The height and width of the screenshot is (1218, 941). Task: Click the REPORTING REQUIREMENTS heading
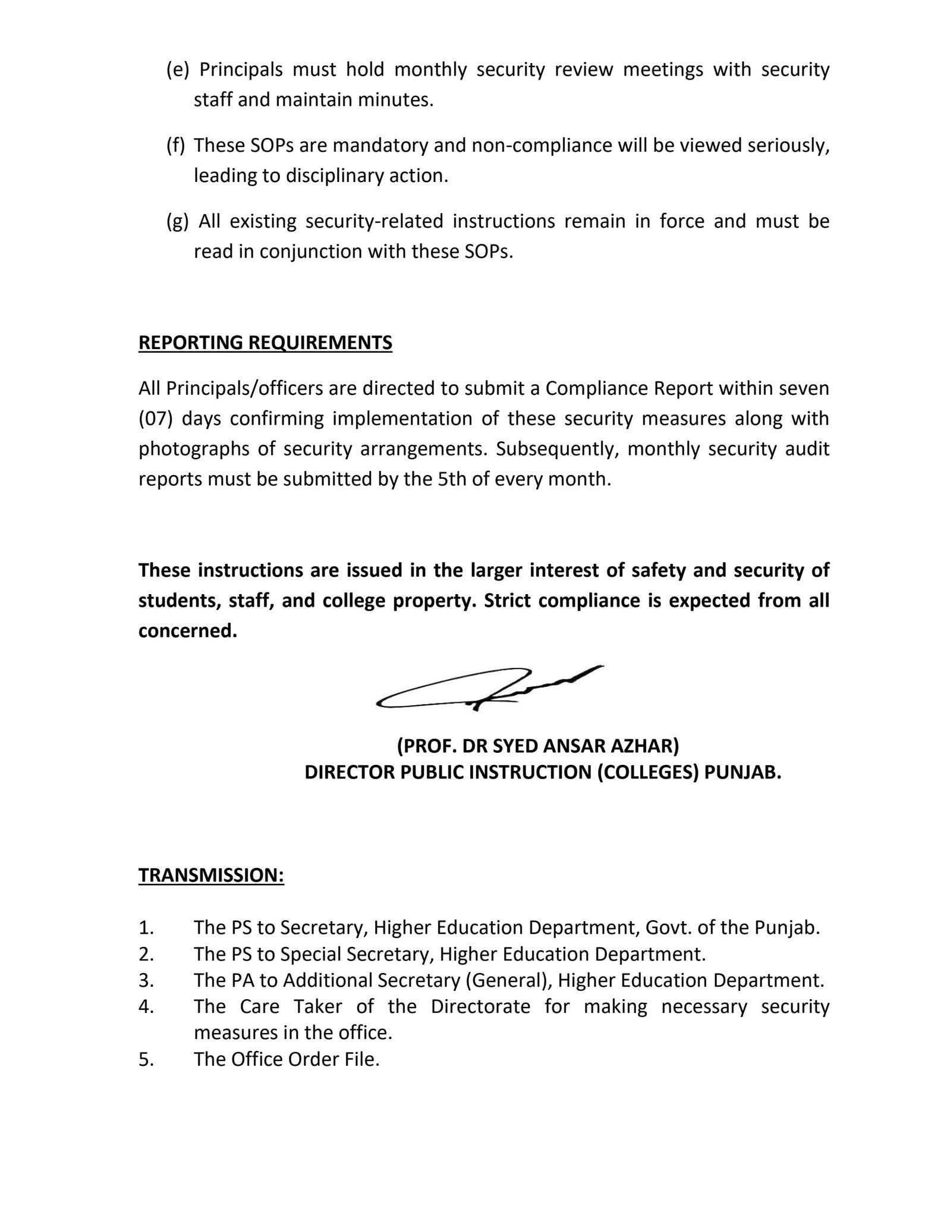[x=265, y=343]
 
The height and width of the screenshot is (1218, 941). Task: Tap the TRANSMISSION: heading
[x=211, y=875]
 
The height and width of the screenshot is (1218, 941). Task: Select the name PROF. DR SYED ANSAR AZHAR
[x=538, y=745]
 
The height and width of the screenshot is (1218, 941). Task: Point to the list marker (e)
[x=177, y=70]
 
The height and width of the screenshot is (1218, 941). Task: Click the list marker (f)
[x=175, y=145]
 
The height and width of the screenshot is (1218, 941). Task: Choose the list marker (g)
[x=177, y=221]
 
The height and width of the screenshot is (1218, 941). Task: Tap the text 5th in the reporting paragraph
[x=452, y=479]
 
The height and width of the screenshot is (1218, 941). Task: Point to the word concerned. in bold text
[x=188, y=631]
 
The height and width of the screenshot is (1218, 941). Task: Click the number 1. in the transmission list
[x=146, y=928]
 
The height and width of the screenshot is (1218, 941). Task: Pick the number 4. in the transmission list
[x=146, y=1006]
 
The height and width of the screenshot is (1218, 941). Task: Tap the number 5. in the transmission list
[x=146, y=1059]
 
